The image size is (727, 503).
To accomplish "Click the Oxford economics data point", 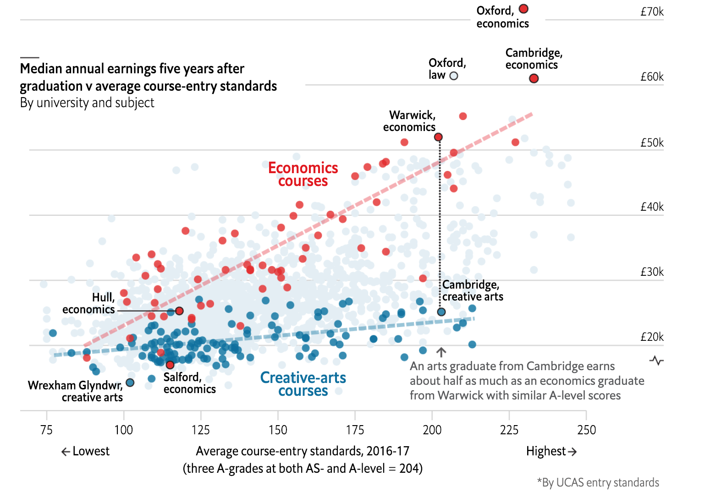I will click(x=523, y=9).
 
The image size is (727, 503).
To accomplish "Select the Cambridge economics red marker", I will click(x=534, y=78).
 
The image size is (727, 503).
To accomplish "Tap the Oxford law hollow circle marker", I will click(x=454, y=76).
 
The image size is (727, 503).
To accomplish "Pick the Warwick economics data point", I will click(x=438, y=137).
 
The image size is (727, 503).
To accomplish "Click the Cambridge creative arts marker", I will click(x=441, y=312).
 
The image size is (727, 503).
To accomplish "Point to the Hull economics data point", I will click(x=179, y=311).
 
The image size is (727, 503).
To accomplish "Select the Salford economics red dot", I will click(x=170, y=365).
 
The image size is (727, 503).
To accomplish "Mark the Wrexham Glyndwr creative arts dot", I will click(x=130, y=383).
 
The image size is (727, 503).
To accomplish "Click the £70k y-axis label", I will click(x=652, y=12).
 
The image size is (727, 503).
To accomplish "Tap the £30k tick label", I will click(x=652, y=272).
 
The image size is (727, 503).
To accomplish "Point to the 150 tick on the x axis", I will click(x=278, y=430).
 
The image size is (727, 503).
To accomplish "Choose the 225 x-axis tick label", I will click(x=509, y=430).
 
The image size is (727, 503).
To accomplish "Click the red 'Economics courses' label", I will click(x=303, y=175).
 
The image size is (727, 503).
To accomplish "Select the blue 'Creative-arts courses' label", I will click(x=303, y=384).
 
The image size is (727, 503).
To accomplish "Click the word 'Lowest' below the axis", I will click(x=91, y=451).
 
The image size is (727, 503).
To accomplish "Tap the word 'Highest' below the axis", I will click(x=546, y=451).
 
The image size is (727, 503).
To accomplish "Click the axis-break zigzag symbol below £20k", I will click(x=656, y=361).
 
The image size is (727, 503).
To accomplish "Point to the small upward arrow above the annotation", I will click(x=441, y=352).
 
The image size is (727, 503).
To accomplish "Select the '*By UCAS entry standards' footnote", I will click(x=598, y=483).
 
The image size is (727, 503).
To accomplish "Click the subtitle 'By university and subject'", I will click(x=87, y=103).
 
